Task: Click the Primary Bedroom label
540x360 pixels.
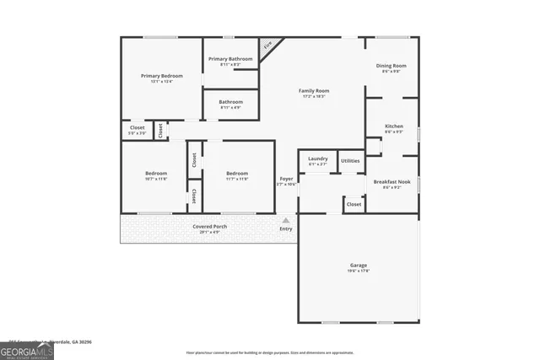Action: point(161,76)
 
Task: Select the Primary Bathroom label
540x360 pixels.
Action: point(230,59)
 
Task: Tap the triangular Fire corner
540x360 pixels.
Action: point(267,47)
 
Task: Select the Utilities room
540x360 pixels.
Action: point(350,160)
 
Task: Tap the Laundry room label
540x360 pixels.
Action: point(317,159)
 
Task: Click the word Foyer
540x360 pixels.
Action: point(287,179)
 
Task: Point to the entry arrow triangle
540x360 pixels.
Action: point(286,221)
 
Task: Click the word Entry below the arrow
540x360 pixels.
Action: point(286,228)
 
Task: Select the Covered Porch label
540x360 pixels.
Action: point(209,227)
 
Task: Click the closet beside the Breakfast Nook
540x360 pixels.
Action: point(354,204)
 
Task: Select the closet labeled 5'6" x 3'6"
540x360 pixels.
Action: point(137,129)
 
